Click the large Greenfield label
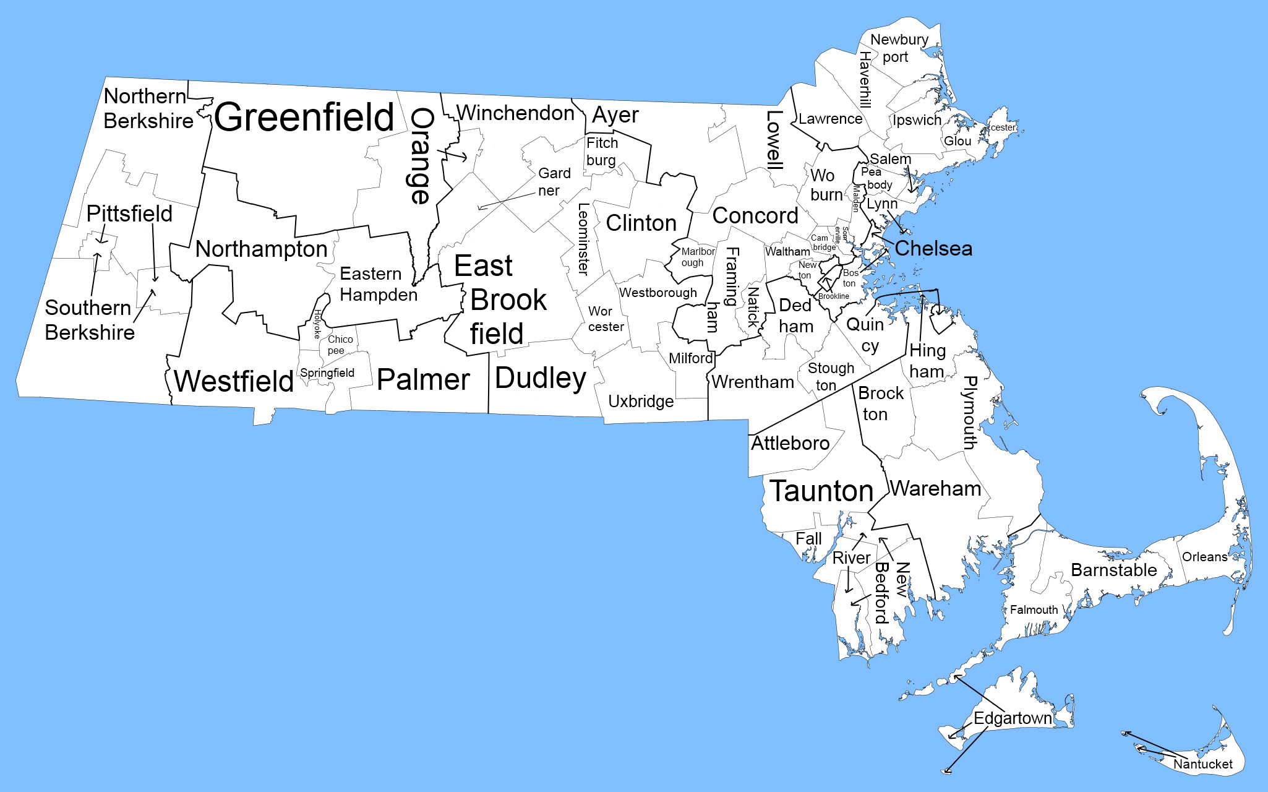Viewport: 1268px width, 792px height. coord(304,117)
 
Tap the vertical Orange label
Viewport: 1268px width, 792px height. coord(421,156)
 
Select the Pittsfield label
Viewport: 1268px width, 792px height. coord(129,213)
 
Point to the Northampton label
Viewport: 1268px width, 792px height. coord(261,249)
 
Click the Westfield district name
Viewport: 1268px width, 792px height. coord(233,381)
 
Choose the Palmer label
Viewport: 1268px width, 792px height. coord(423,379)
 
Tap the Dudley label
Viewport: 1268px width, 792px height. coord(540,378)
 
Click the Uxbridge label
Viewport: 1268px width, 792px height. coord(641,402)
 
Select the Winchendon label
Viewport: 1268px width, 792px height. coord(515,113)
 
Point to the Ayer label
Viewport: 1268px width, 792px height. coord(615,115)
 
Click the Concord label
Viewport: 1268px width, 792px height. coord(755,215)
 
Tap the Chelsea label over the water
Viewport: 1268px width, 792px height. coord(933,248)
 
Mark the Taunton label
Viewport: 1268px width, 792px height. coord(821,491)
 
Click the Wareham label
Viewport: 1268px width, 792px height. coord(935,489)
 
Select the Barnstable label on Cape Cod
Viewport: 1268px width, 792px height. coord(1113,570)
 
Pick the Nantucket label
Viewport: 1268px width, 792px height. coord(1202,764)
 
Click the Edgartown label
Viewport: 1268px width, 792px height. coord(1013,718)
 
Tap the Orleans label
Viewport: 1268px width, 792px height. coord(1204,557)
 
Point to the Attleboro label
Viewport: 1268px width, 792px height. coord(790,443)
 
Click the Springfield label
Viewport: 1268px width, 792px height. coord(327,372)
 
